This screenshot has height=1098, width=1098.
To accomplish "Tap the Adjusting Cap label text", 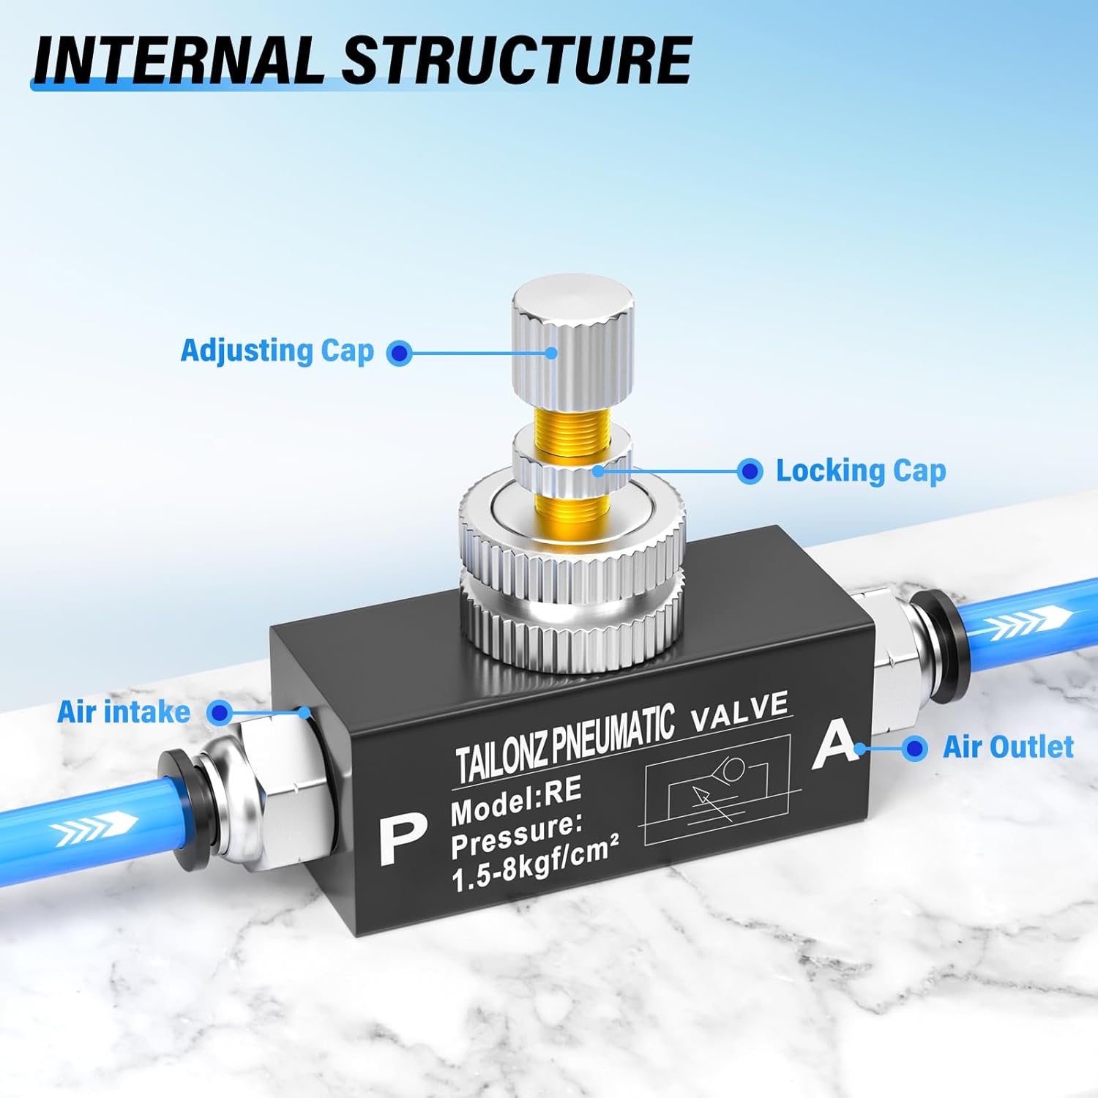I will [277, 351].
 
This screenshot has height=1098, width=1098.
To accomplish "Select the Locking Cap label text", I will [860, 471].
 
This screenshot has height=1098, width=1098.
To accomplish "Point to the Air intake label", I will [123, 712].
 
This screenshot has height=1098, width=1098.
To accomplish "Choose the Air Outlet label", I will [1008, 747].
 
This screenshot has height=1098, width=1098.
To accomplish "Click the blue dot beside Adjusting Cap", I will [399, 354].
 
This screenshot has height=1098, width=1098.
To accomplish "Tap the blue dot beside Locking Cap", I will [749, 471].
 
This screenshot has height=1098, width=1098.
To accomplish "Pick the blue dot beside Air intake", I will [220, 712].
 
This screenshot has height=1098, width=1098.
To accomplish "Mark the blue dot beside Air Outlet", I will [914, 748].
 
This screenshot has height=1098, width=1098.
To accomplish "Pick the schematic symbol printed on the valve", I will [717, 791].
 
